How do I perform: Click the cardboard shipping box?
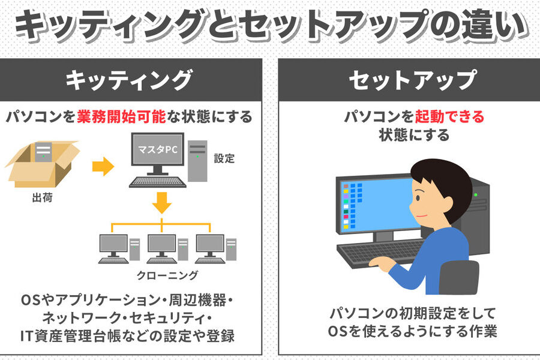pyautogui.click(x=43, y=164)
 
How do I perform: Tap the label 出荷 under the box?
pyautogui.click(x=42, y=198)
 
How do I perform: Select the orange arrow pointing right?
pyautogui.click(x=103, y=166)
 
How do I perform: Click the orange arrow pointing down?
pyautogui.click(x=161, y=203)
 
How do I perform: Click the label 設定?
pyautogui.click(x=224, y=158)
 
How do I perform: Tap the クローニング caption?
pyautogui.click(x=167, y=275)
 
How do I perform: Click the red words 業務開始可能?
pyautogui.click(x=121, y=117)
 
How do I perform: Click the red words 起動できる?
pyautogui.click(x=449, y=117)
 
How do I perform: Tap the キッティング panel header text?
pyautogui.click(x=129, y=80)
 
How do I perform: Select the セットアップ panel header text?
pyautogui.click(x=413, y=80)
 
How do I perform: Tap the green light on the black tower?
pyautogui.click(x=476, y=195)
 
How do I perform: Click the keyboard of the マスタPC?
pyautogui.click(x=158, y=182)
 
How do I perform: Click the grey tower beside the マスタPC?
pyautogui.click(x=197, y=161)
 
